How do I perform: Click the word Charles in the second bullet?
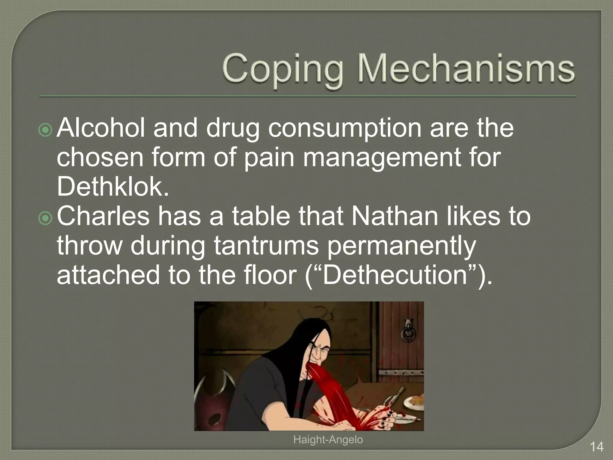pos(103,216)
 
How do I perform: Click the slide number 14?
pos(597,447)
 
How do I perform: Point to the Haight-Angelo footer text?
pos(328,440)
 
